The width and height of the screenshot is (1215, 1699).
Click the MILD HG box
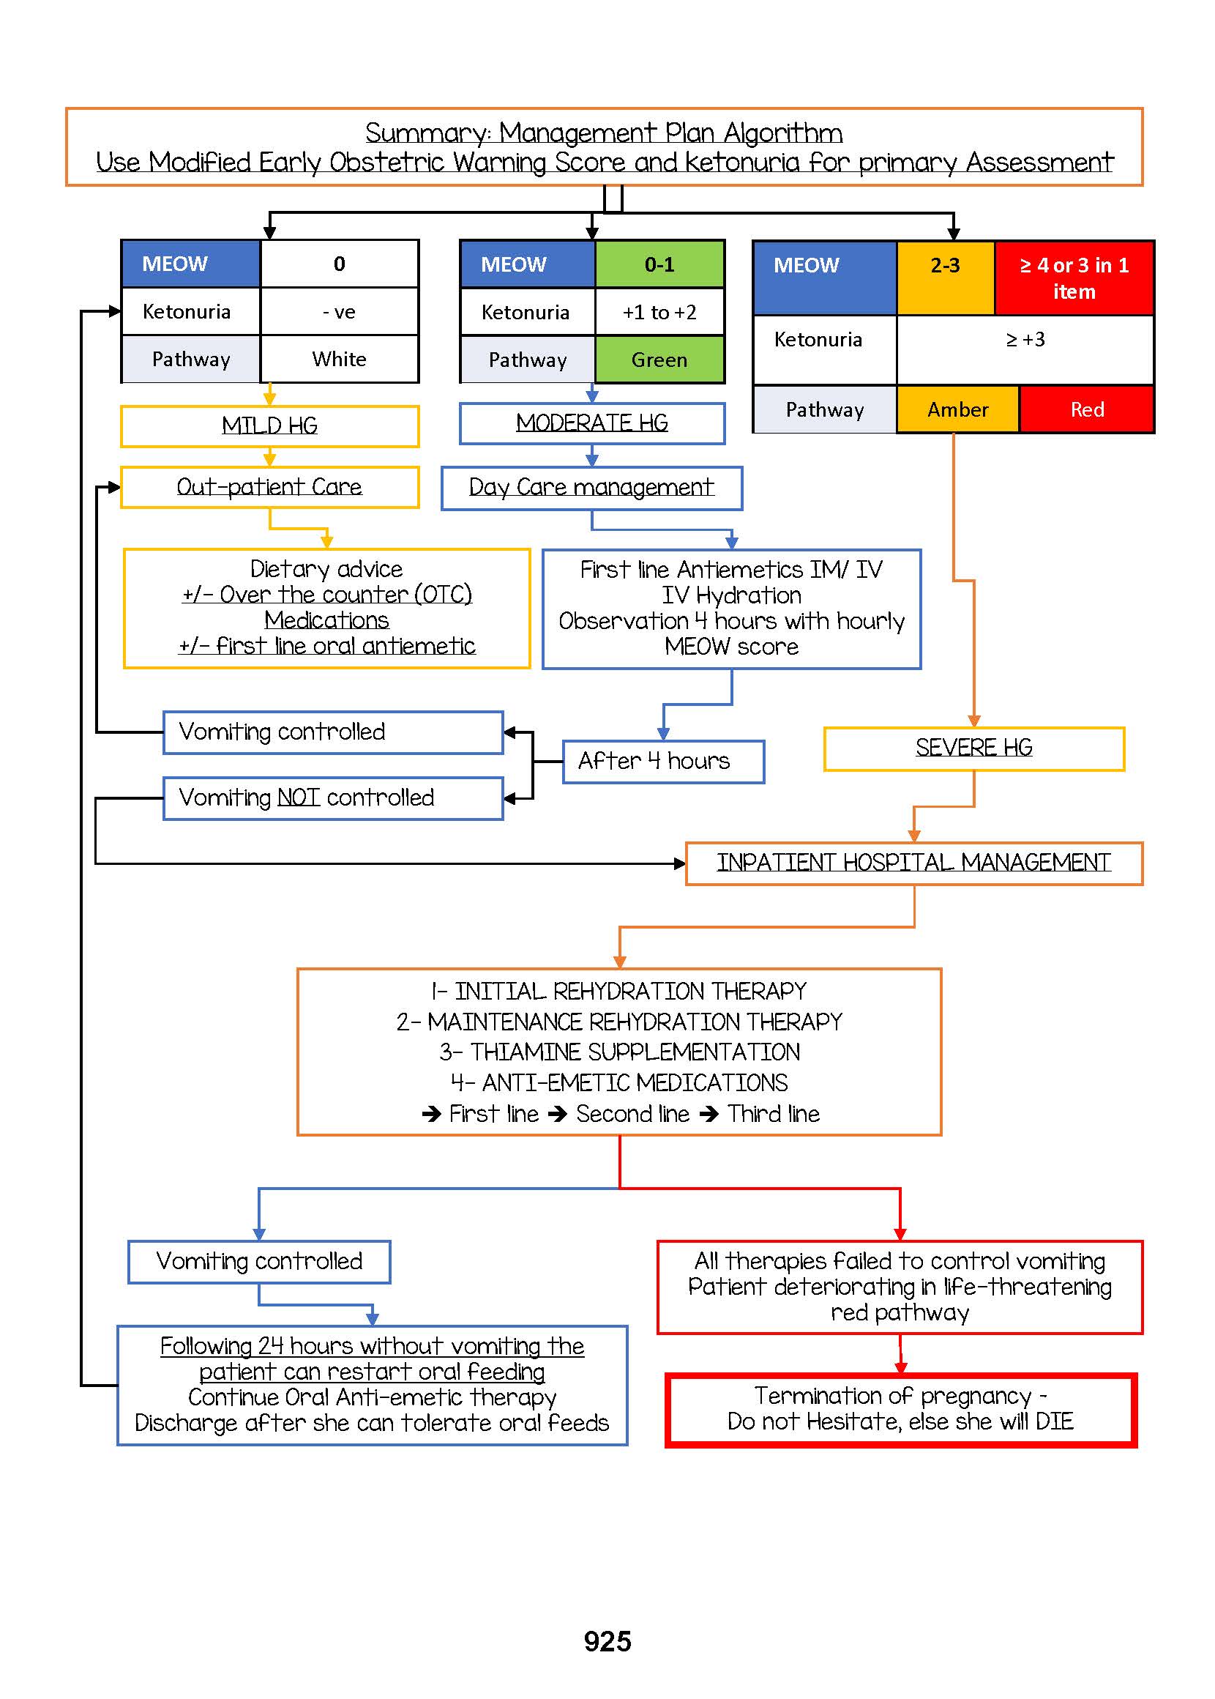tap(269, 426)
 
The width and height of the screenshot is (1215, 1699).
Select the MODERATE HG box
tap(592, 423)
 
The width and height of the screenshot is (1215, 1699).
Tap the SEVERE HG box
tap(973, 748)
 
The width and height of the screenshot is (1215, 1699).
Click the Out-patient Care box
tap(269, 487)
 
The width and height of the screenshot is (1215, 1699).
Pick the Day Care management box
tap(591, 488)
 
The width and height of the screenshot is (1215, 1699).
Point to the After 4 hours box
tap(663, 761)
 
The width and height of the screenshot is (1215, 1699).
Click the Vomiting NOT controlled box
tap(333, 798)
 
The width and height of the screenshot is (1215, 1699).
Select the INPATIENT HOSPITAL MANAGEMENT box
tap(913, 863)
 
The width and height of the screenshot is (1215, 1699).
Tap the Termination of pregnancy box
tap(900, 1409)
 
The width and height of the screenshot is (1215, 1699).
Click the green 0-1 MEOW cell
tap(659, 264)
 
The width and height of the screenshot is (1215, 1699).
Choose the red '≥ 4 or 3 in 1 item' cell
tap(1074, 278)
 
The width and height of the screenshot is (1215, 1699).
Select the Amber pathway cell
tap(957, 409)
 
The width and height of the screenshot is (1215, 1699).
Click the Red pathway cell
tap(1086, 409)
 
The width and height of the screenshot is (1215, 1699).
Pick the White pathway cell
tap(339, 360)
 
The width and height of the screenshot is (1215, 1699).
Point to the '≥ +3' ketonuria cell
tap(1025, 341)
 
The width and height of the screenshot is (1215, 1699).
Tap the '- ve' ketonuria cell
tap(339, 312)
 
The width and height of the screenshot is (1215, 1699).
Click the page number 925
tap(607, 1640)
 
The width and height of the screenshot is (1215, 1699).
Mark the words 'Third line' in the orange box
tap(774, 1114)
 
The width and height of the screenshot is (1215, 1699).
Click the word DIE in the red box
tap(1055, 1421)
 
